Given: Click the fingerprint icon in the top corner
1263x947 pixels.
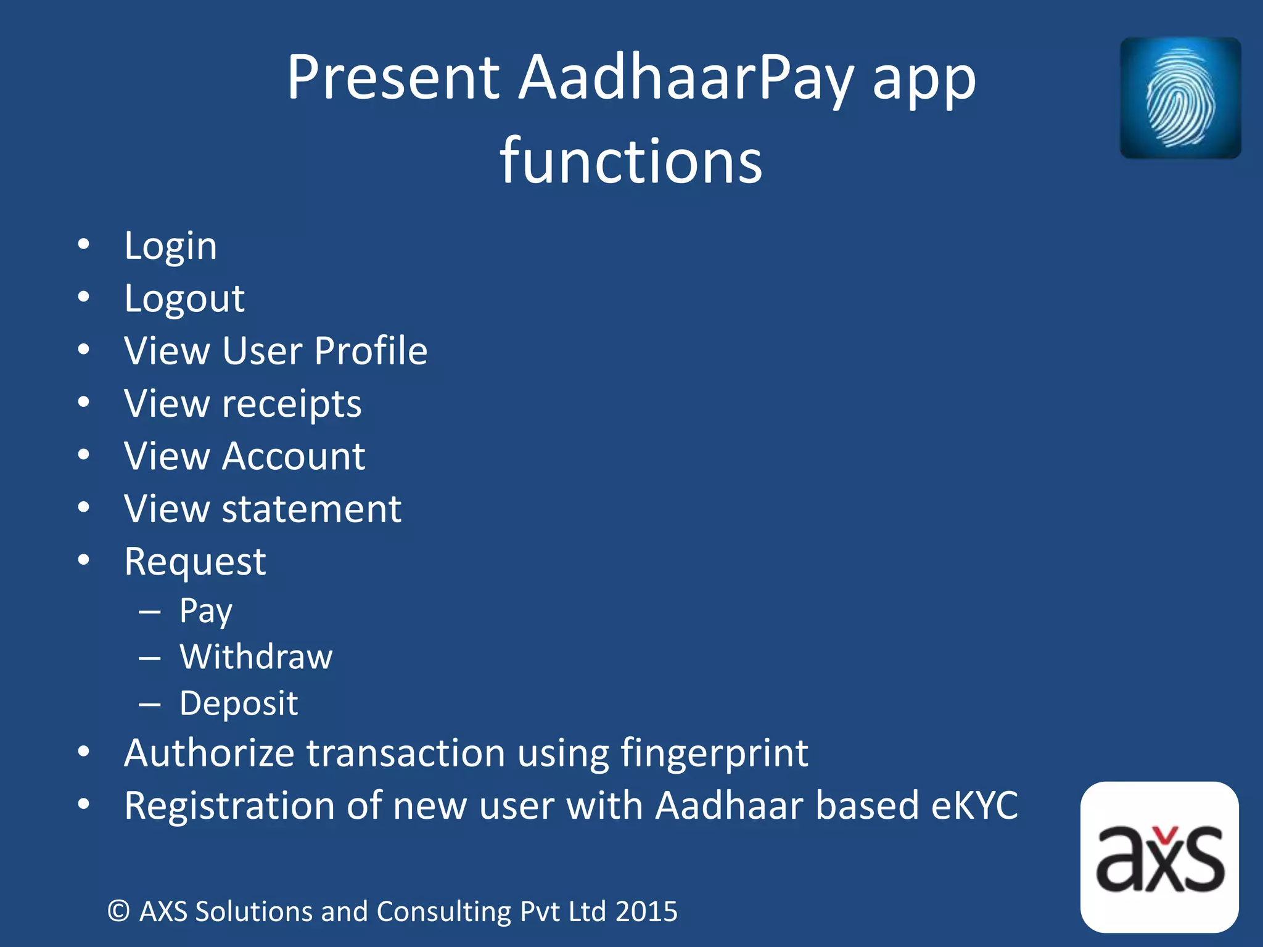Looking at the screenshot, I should [x=1180, y=97].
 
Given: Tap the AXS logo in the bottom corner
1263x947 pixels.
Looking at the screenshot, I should [x=1159, y=858].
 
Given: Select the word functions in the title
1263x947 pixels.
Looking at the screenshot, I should [x=631, y=162].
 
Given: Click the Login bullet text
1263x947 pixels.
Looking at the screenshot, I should [x=170, y=246].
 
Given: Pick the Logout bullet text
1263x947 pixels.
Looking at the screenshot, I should [x=184, y=299].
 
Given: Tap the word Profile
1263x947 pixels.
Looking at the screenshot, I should [x=371, y=351].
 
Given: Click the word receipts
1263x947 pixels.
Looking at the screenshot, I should [x=291, y=404].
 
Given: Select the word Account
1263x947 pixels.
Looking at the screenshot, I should [x=294, y=456].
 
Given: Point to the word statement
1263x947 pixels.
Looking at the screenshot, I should [x=311, y=509].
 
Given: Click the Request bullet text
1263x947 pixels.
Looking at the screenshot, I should [x=195, y=562].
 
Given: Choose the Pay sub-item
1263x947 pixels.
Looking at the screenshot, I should [x=206, y=611].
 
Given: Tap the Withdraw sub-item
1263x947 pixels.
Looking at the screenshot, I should [x=256, y=657].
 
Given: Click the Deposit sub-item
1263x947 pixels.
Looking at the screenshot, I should [x=239, y=703].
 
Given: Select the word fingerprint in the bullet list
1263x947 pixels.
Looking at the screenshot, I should [x=714, y=753].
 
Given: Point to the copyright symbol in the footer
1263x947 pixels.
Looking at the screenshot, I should [x=118, y=911].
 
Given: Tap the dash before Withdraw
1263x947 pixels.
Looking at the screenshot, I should [x=150, y=658].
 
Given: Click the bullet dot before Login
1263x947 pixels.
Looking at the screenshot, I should [x=84, y=245].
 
